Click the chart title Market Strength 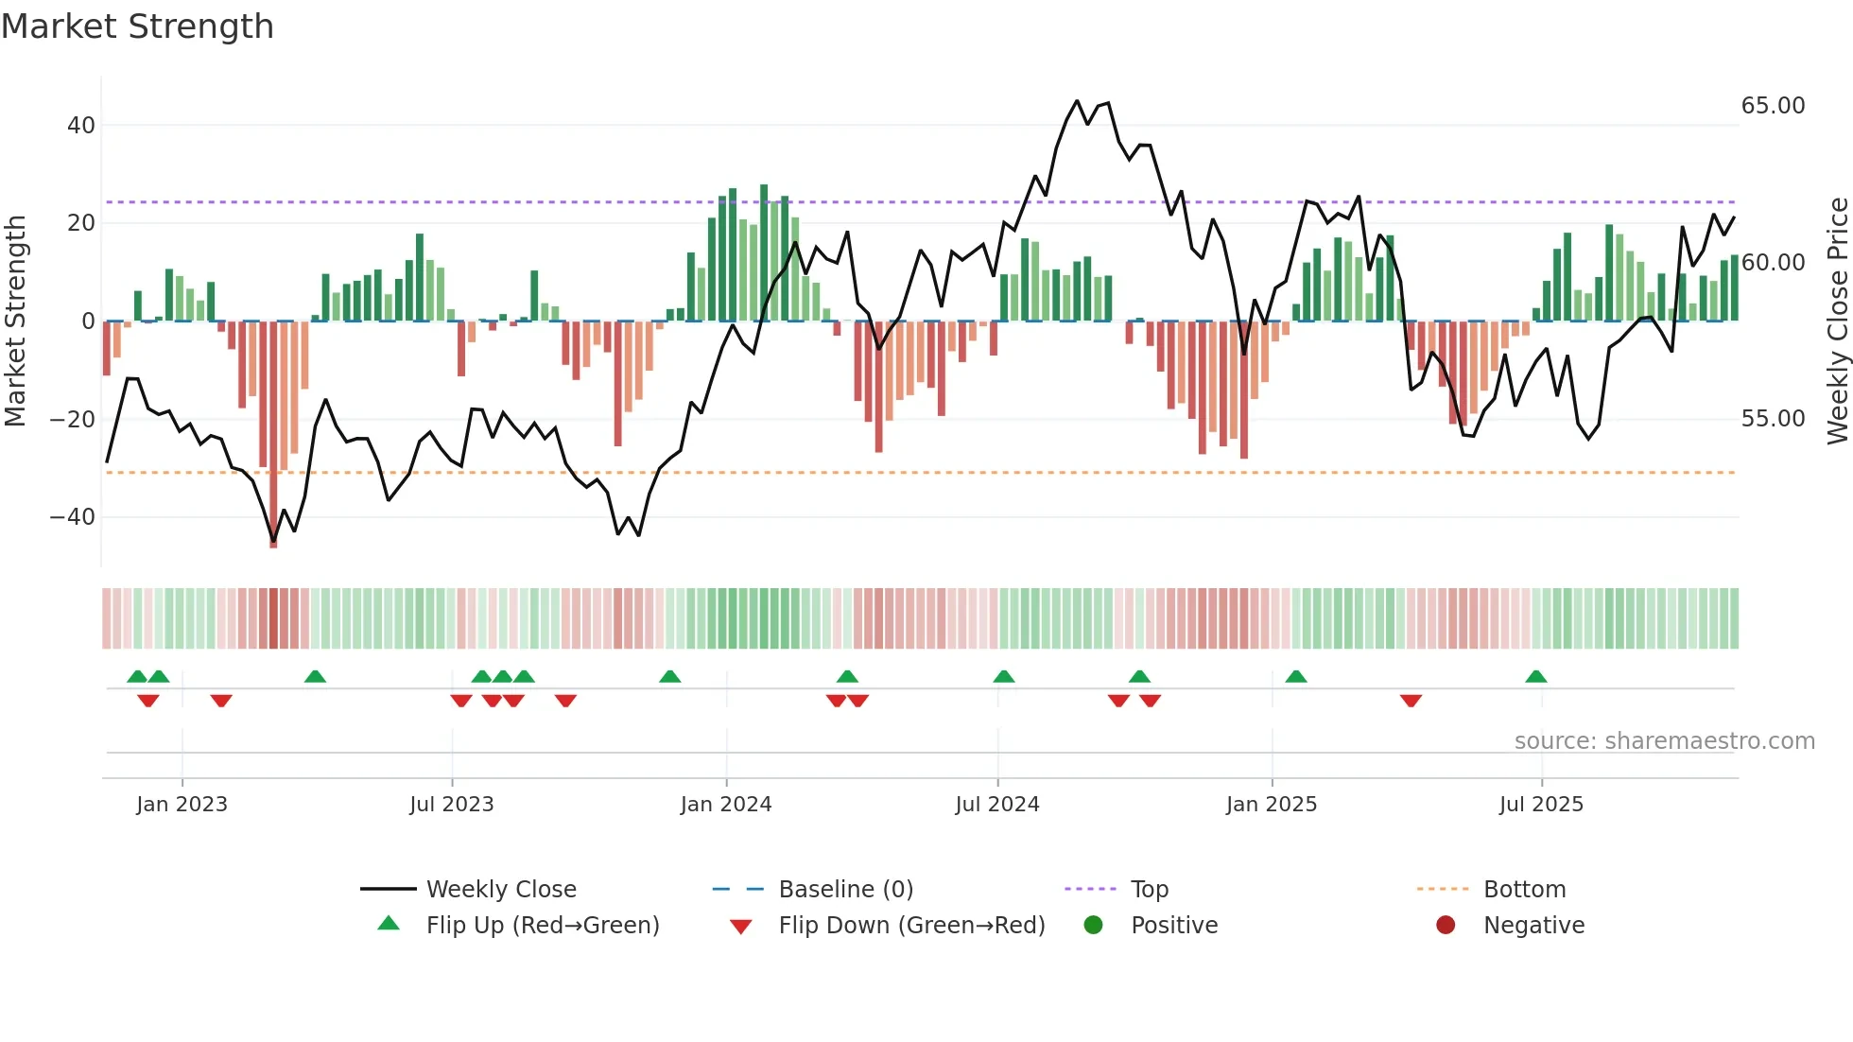click(x=137, y=26)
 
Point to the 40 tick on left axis click(x=81, y=126)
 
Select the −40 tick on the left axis click(x=73, y=517)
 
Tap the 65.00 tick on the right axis click(x=1773, y=106)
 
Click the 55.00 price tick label click(x=1773, y=419)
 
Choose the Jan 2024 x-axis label click(x=725, y=805)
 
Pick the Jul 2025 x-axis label click(x=1540, y=805)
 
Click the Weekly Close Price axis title click(x=1837, y=321)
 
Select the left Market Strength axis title click(x=16, y=321)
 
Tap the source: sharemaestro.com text click(x=1664, y=741)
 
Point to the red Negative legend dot click(x=1446, y=925)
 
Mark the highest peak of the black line click(x=1077, y=101)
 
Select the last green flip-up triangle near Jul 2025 click(x=1536, y=677)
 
